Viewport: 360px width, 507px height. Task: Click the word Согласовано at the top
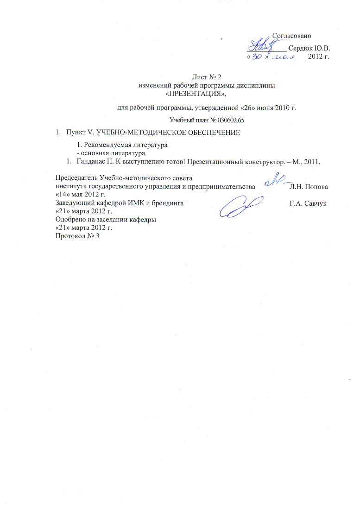point(291,36)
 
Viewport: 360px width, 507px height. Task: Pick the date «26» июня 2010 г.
point(266,108)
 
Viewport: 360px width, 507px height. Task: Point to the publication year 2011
point(314,161)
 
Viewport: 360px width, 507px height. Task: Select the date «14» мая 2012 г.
point(80,194)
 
